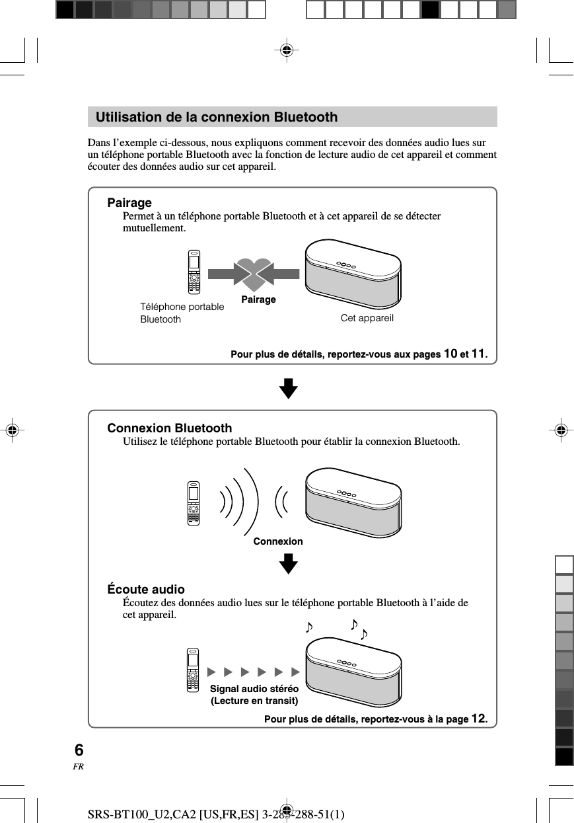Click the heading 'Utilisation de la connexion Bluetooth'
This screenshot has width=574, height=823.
[216, 118]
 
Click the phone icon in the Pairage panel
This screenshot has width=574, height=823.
[193, 272]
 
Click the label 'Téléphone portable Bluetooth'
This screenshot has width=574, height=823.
[182, 313]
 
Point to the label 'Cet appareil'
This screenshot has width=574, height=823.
[367, 318]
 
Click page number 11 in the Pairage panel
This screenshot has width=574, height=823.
[478, 354]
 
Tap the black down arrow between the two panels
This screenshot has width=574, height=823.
[288, 389]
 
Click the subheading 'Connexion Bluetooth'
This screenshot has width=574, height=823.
[170, 428]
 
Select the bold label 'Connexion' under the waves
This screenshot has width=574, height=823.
[278, 541]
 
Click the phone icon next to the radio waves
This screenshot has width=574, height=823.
[193, 504]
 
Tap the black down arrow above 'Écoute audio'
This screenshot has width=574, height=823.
[288, 565]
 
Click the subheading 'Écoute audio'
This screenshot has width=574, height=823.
[146, 589]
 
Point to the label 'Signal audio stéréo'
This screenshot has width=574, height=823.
[254, 689]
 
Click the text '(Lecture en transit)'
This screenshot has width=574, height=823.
[254, 701]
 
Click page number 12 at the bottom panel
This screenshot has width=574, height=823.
[479, 719]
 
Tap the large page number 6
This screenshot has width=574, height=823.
[79, 750]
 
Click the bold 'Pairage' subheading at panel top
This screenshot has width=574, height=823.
[129, 202]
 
